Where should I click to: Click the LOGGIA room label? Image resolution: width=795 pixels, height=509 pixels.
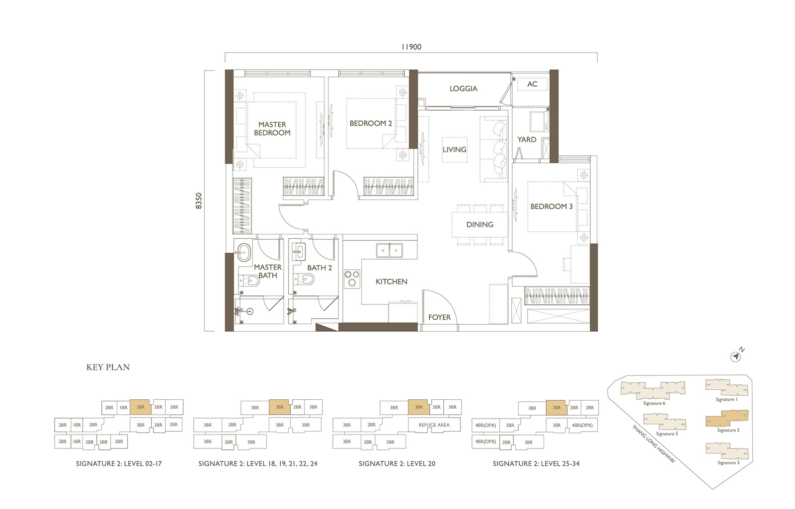point(463,89)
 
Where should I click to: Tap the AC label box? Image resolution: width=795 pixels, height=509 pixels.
point(532,84)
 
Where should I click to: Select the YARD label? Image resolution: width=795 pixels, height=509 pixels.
point(527,140)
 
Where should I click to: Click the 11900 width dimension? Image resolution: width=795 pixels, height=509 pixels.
point(411,47)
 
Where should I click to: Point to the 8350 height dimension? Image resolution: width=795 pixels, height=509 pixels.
point(199,201)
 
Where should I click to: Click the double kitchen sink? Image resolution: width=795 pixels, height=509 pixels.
point(390,250)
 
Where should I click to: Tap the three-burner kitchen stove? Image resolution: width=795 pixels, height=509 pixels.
point(352,278)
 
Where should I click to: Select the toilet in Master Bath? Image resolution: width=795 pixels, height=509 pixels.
point(249,282)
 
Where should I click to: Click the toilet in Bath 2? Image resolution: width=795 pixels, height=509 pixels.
point(304,280)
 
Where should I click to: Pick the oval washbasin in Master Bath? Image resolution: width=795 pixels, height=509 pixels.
point(244,253)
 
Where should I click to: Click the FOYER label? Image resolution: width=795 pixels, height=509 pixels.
point(439,317)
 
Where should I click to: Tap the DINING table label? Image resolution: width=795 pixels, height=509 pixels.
point(480,224)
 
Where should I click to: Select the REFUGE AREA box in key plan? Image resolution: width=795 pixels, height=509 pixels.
point(434,425)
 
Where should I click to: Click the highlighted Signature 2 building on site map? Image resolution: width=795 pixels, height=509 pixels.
point(727,419)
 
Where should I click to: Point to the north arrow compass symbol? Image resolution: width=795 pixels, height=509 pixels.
point(736,357)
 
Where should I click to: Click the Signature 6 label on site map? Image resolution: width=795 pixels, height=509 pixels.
point(654,403)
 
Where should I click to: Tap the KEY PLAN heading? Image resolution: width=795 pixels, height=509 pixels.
point(108,367)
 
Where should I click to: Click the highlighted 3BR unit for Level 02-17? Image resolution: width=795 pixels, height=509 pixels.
point(141,407)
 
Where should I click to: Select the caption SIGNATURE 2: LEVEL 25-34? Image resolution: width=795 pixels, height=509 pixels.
point(536,464)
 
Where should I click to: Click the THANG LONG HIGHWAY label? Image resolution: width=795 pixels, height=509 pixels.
point(653,444)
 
